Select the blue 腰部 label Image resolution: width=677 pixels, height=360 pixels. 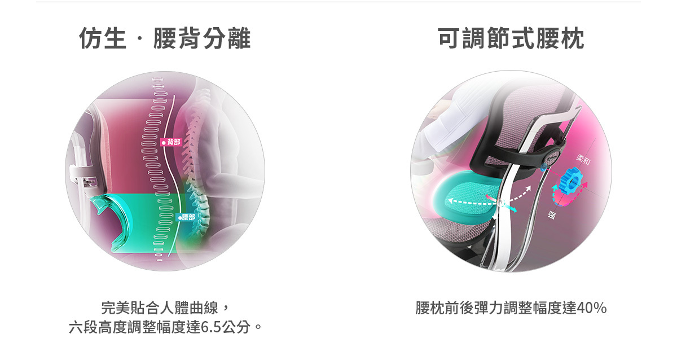[187, 217]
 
